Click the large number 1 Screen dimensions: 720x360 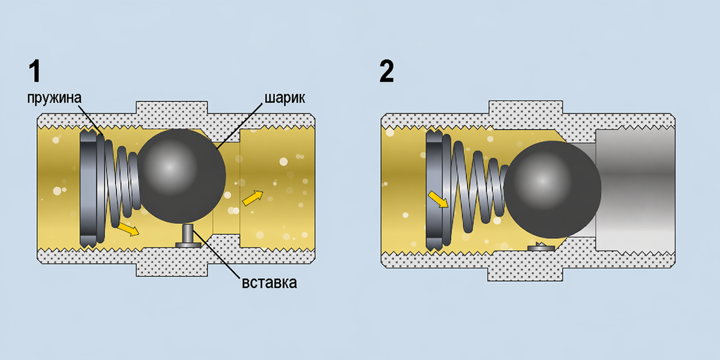pos(35,71)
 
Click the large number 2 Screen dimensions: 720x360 pos(386,71)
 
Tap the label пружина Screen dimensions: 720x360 pos(54,98)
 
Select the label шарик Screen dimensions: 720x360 pos(284,98)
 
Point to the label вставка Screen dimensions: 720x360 pos(269,283)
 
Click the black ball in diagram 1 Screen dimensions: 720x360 pos(181,176)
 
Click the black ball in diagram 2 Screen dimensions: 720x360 pos(552,190)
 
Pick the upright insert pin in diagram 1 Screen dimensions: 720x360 pos(188,236)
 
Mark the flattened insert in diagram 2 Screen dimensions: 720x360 pos(541,247)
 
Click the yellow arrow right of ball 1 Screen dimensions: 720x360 pos(253,197)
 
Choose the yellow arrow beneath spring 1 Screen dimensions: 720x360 pos(128,229)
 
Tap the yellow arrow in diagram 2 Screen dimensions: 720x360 pos(438,199)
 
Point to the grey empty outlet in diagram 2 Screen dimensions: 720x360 pos(635,190)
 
